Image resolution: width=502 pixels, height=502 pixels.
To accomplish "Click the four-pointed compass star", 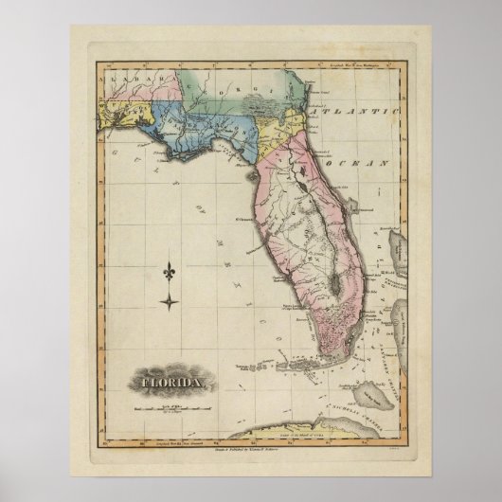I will tap(170, 303).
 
